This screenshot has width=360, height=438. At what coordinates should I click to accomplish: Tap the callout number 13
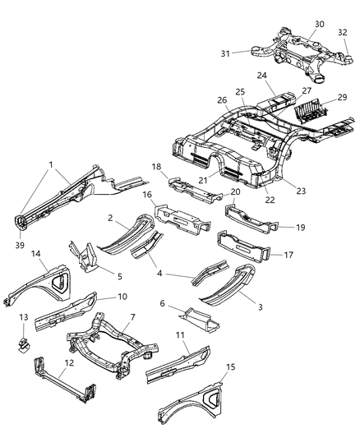click(24, 317)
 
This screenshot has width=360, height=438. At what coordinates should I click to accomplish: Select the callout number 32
click(342, 32)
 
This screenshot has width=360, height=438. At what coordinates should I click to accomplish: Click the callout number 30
click(296, 24)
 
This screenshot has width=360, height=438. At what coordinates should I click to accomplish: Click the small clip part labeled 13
click(28, 337)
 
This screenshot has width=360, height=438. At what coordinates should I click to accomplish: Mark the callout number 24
click(262, 76)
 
